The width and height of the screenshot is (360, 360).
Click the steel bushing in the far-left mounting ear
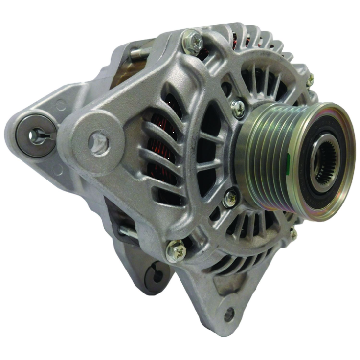click(36, 136)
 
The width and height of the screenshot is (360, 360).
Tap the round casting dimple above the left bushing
click(60, 104)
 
